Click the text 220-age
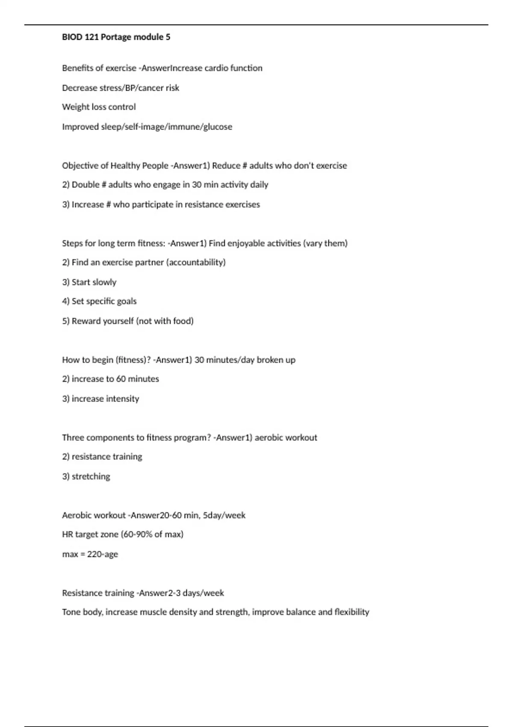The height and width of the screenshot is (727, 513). pos(103,554)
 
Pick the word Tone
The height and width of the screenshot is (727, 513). pos(71,612)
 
